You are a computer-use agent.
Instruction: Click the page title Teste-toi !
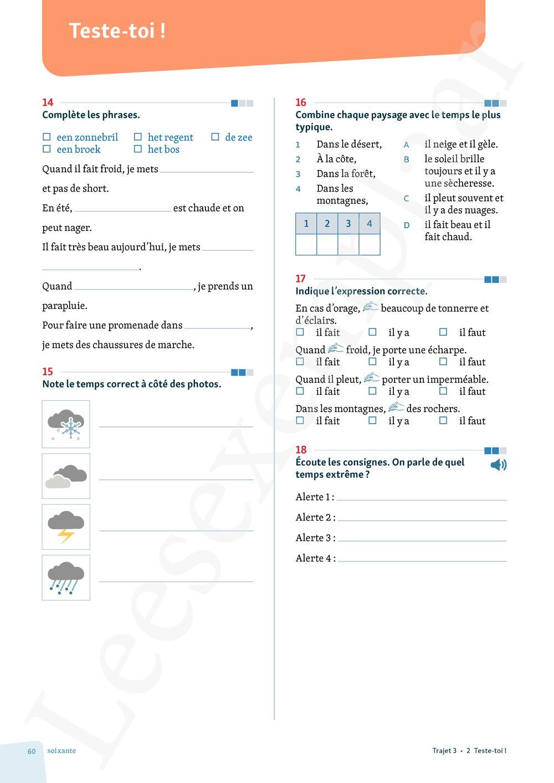coord(117,30)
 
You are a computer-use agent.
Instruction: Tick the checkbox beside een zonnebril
coord(47,137)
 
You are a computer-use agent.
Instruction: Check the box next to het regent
coord(138,137)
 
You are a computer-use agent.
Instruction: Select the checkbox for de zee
coord(215,137)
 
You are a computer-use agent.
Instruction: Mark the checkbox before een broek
coord(47,149)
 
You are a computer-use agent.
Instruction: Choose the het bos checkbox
coord(138,149)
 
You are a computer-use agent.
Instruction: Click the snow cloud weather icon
coord(66,424)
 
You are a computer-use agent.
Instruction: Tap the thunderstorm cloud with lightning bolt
coord(66,527)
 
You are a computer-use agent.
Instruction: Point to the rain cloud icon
coord(66,578)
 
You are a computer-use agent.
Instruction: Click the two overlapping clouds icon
coord(66,476)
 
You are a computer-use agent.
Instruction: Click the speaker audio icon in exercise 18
coord(498,465)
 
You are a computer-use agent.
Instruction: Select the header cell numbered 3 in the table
coord(348,224)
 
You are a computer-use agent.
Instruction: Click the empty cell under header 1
coord(306,244)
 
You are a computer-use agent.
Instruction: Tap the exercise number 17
coord(301,279)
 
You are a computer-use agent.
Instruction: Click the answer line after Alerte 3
coord(422,538)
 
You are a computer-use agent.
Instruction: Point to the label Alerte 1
coord(314,497)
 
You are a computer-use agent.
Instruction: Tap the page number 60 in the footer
coord(32,751)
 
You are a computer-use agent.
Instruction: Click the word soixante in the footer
coord(61,751)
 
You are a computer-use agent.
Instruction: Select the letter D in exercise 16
coord(407,225)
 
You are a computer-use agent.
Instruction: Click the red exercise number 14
coord(48,102)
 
